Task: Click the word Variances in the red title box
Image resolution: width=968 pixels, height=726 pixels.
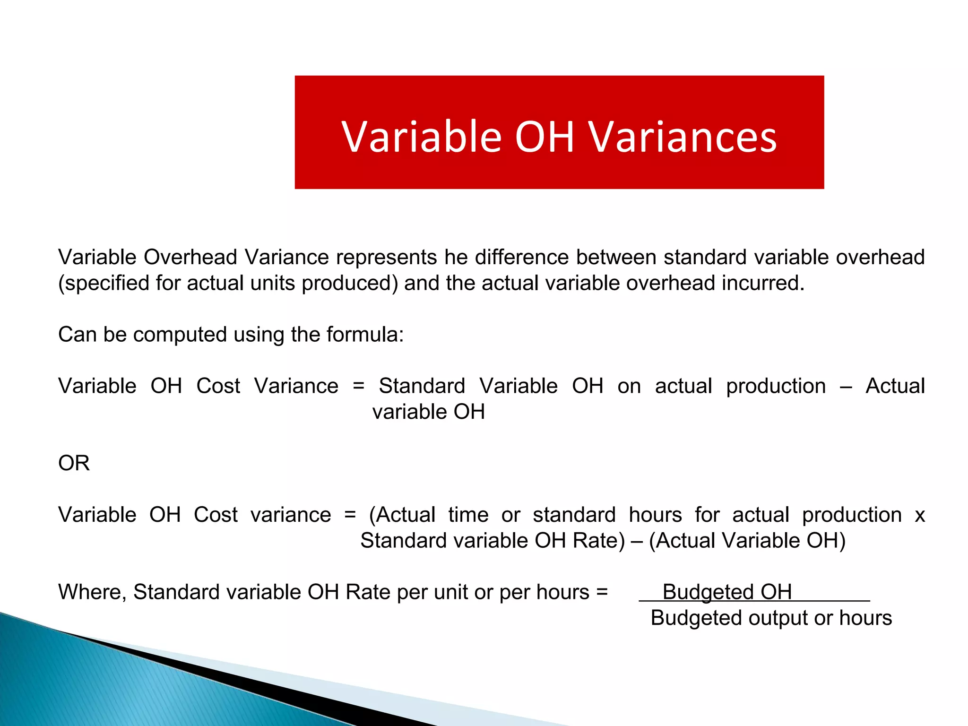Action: pyautogui.click(x=683, y=137)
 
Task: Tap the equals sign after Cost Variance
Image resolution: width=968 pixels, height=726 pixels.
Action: pyautogui.click(x=359, y=386)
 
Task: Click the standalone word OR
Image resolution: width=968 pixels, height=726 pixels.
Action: pyautogui.click(x=74, y=463)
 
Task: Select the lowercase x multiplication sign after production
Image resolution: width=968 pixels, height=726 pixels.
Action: pyautogui.click(x=919, y=515)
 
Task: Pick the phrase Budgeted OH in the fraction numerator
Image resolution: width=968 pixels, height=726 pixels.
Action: pyautogui.click(x=727, y=592)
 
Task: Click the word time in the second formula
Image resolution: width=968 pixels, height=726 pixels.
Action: pyautogui.click(x=468, y=515)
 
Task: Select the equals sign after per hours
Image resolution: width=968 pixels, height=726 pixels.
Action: pyautogui.click(x=602, y=592)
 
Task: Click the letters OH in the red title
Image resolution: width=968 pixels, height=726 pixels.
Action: pyautogui.click(x=544, y=137)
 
